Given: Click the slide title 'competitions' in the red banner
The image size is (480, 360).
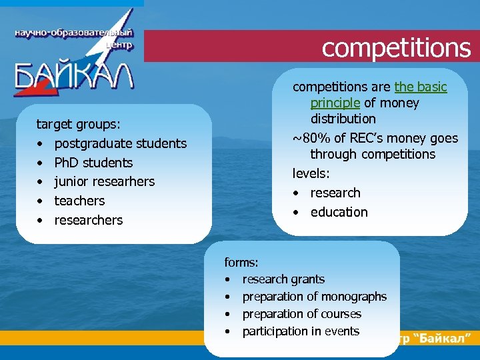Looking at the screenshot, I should pos(396,47).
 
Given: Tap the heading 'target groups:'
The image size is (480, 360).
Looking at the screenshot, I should pos(79,124).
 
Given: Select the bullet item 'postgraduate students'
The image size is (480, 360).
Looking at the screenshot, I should pos(121,143).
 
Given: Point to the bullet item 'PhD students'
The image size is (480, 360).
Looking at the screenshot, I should pos(93,163).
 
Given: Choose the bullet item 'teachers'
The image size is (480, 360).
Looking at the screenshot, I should pos(79,201).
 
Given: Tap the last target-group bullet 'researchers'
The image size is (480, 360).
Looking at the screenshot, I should pos(89,220).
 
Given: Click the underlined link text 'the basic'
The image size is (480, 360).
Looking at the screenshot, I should pos(421,87).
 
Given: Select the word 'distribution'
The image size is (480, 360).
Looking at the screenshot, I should pos(343,119).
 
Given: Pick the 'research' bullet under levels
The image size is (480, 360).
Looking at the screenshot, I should pos(335,193).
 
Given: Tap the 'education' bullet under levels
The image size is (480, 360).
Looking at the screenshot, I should pos(339,212).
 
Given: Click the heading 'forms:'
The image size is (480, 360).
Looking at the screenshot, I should pos(242,262).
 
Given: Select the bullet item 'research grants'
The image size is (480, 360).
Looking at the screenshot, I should pos(283,279).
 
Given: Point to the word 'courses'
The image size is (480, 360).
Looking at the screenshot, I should pos(341,314).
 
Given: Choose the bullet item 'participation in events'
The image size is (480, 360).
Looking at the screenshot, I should pos(301,331).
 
